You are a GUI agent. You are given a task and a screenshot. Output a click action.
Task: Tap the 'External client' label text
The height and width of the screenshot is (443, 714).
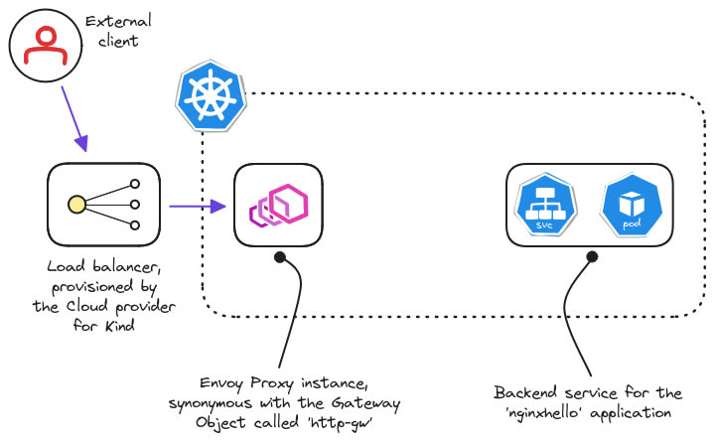pyautogui.click(x=116, y=31)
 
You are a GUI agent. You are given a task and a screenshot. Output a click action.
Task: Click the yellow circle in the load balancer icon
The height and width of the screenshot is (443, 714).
pyautogui.click(x=74, y=206)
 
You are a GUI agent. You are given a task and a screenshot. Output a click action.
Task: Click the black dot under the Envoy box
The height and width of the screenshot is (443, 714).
pyautogui.click(x=281, y=258)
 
